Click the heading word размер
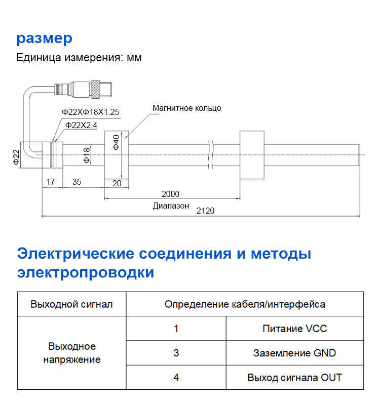click(x=45, y=39)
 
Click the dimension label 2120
click(x=206, y=211)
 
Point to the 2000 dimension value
click(x=170, y=194)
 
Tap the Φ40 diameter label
click(x=116, y=142)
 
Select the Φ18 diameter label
click(x=86, y=155)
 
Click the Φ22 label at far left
click(x=16, y=157)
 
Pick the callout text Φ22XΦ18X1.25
click(x=90, y=112)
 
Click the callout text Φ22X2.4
click(x=82, y=125)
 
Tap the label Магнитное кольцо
click(x=187, y=108)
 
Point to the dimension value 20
click(x=117, y=183)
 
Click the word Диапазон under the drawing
click(x=171, y=206)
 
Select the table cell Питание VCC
click(x=295, y=329)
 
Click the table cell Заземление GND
click(x=294, y=353)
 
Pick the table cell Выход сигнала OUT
click(x=294, y=377)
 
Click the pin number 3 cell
click(x=176, y=353)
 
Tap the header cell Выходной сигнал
click(x=71, y=304)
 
